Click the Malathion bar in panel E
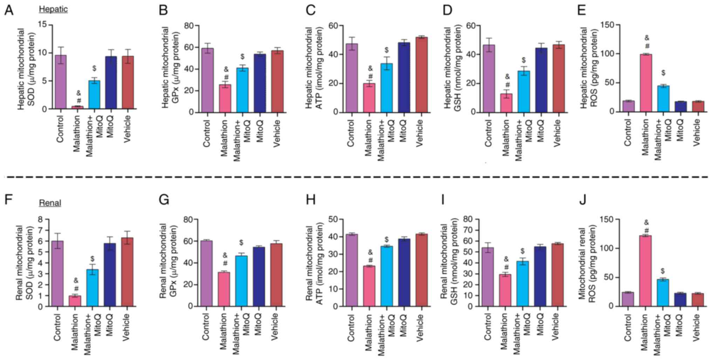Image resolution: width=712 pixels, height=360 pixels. tap(645, 83)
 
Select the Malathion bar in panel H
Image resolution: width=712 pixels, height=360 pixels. tap(369, 286)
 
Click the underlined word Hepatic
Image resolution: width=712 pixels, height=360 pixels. tap(53, 9)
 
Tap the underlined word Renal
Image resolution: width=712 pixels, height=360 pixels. tap(50, 203)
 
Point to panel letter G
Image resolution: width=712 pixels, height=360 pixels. tap(164, 200)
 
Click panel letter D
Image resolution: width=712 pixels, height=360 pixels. tap(447, 10)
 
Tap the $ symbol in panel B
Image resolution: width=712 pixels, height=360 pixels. tap(242, 57)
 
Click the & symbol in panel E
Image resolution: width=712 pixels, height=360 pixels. tap(647, 38)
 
